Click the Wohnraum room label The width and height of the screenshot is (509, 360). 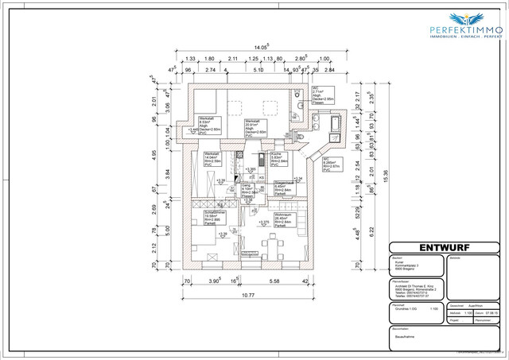click(x=282, y=219)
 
